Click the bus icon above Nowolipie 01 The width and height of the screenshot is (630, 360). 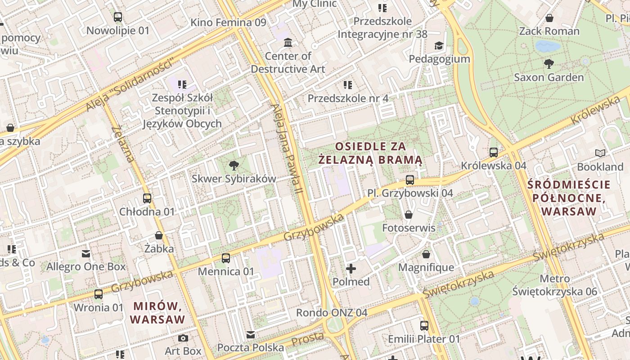117,17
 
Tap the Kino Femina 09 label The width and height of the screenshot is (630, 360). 228,22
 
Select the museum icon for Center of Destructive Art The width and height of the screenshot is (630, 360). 288,43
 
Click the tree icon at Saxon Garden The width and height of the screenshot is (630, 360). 549,64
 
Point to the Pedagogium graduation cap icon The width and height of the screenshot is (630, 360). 439,45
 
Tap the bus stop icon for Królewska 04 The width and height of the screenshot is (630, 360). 494,153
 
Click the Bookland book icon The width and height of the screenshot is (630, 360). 600,153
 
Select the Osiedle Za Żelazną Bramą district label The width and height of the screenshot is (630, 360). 370,153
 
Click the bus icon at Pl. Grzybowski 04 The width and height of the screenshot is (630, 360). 410,180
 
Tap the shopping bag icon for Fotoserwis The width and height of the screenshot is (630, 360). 409,215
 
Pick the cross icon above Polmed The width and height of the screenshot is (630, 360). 351,269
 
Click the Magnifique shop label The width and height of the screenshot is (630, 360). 426,268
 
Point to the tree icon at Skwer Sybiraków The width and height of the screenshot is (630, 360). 234,165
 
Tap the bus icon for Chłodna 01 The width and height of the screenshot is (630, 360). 147,198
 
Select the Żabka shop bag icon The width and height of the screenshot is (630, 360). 159,235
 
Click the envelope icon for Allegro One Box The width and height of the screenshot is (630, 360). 86,254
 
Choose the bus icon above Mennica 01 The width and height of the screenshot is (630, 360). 226,258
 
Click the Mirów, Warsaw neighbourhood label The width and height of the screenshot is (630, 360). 157,313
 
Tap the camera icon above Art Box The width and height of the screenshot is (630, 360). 183,338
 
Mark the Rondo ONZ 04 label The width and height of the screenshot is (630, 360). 331,313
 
